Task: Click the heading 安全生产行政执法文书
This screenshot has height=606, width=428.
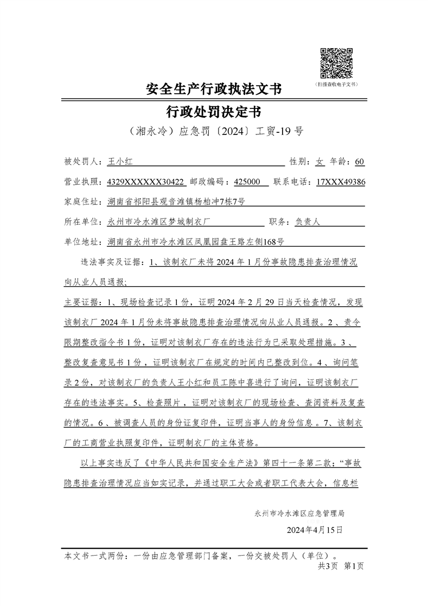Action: (x=214, y=89)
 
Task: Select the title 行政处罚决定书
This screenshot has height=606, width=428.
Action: (x=214, y=112)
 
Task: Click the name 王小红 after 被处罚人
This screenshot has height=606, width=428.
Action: (x=120, y=162)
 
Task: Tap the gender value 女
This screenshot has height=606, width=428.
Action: (x=320, y=162)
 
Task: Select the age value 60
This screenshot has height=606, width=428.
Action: (x=359, y=162)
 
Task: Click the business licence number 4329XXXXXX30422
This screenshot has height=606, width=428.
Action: (x=145, y=182)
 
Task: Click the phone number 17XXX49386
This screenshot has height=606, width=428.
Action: (x=340, y=182)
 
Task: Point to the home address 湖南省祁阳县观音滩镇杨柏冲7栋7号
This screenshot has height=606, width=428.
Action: (x=176, y=202)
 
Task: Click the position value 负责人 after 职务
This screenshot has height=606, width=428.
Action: (x=308, y=222)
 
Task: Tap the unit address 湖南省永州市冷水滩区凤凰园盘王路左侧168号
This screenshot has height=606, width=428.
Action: (x=196, y=242)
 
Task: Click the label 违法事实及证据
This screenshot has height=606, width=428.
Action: (x=112, y=262)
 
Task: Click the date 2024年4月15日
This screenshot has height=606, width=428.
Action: (x=315, y=530)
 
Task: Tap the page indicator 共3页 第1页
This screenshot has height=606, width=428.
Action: (x=341, y=566)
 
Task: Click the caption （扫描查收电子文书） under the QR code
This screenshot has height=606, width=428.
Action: (x=336, y=85)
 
